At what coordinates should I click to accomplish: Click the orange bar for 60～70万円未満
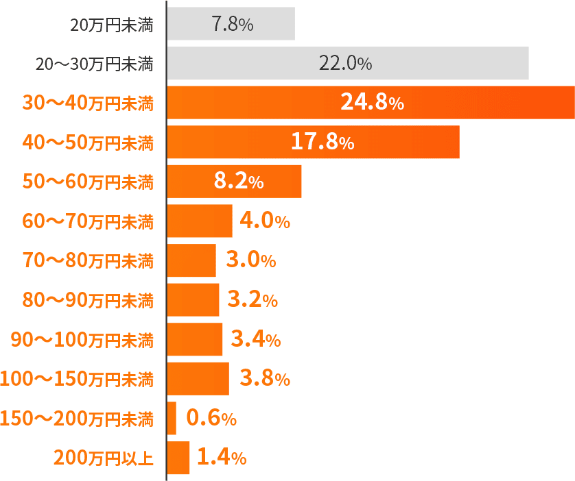200,221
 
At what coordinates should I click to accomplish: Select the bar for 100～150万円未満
198,378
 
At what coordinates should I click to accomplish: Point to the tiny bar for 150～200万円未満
172,418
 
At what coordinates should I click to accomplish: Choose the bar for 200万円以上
178,457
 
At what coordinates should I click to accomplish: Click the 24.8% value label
372,103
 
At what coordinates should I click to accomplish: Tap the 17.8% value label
322,142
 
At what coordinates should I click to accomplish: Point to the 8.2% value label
239,182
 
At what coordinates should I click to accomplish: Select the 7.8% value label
233,25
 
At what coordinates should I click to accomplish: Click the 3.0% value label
250,260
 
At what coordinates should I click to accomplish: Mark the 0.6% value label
211,418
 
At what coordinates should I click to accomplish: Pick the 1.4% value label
221,457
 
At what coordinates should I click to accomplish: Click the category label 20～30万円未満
94,64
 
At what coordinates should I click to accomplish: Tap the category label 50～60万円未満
88,182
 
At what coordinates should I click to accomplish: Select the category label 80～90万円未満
88,300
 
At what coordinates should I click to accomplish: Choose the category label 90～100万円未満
82,340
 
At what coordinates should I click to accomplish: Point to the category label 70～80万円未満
88,261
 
